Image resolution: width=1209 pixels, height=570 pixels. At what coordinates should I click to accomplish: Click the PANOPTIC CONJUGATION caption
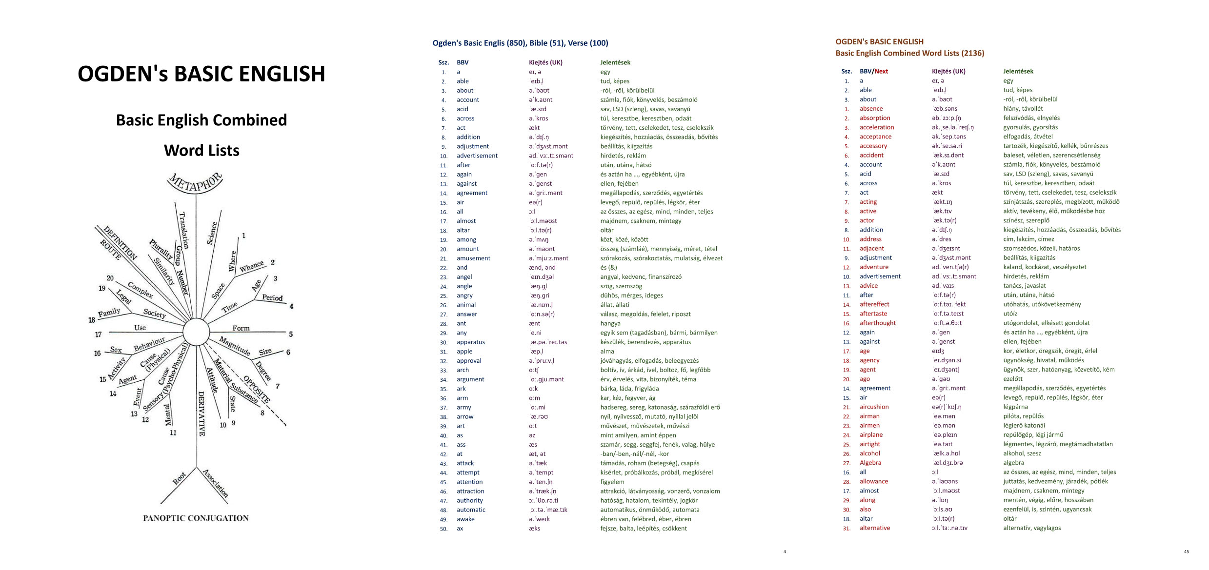tap(196, 518)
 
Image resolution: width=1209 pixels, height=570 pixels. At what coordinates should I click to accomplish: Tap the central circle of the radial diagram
tap(196, 332)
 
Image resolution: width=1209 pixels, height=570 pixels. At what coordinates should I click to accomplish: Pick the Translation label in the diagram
tap(184, 230)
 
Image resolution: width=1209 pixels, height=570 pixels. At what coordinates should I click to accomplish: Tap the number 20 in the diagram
tap(110, 278)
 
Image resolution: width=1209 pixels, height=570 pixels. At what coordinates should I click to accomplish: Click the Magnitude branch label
tap(235, 346)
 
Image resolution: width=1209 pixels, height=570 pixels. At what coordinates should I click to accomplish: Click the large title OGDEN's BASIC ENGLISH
tap(201, 74)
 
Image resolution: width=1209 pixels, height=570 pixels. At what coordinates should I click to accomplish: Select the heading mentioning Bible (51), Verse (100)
tap(520, 43)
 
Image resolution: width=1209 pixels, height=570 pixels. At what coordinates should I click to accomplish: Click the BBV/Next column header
tap(873, 71)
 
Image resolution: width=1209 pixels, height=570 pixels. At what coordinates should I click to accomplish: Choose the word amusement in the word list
tap(473, 258)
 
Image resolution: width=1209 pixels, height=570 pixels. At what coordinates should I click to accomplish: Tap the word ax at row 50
tap(460, 528)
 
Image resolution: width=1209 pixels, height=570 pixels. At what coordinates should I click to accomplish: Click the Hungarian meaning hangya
tap(610, 323)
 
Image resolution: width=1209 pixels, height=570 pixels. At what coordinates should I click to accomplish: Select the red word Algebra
tap(870, 463)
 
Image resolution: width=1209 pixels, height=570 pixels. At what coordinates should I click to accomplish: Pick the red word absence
tap(871, 109)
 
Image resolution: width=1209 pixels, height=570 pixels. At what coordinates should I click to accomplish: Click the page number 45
tap(1186, 551)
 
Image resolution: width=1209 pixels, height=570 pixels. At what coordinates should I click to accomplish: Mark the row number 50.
tap(443, 529)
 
